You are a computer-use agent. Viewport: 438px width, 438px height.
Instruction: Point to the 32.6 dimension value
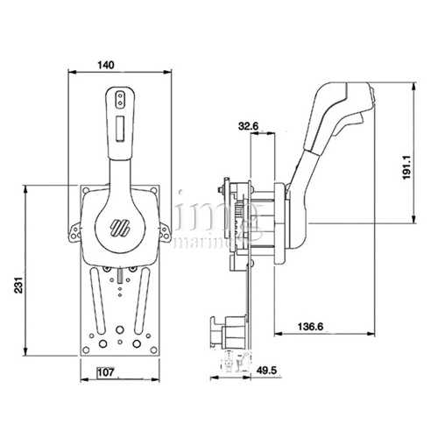tap(248, 126)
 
